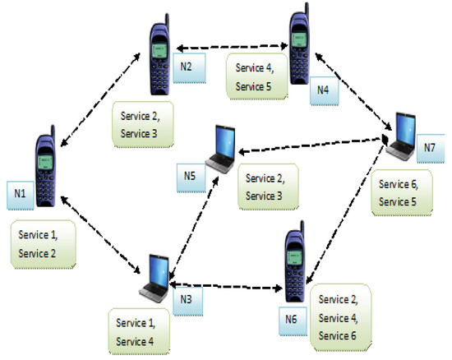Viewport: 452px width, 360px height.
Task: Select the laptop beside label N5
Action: (x=223, y=149)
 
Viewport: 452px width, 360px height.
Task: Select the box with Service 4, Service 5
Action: (x=256, y=75)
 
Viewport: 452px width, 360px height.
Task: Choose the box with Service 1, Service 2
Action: (x=44, y=244)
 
